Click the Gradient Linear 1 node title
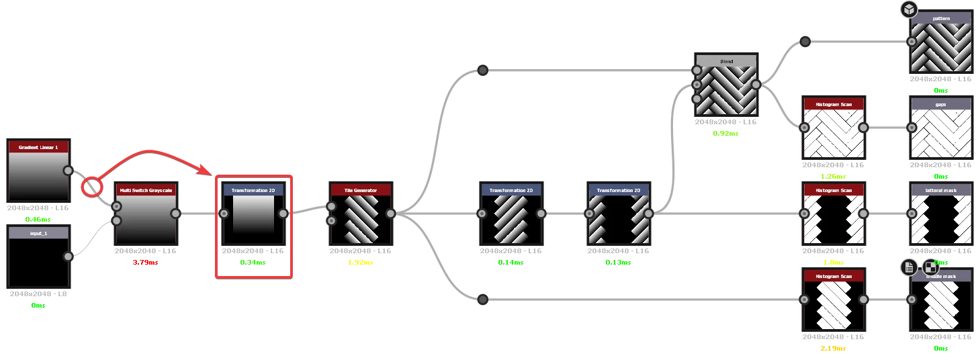coord(38,146)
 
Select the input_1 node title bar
coord(38,233)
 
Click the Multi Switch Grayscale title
coord(146,190)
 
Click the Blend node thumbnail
coord(727,90)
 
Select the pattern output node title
coord(941,18)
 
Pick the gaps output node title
coord(941,104)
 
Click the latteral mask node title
coord(941,190)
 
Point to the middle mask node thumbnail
coord(941,306)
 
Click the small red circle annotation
coord(92,186)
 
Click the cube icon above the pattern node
coord(909,9)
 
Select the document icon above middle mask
coord(909,267)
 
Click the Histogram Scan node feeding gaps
coord(833,131)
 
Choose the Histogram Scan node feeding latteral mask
coord(833,217)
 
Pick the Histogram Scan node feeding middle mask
coord(833,303)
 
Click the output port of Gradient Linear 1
coord(68,171)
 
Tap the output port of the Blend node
coord(756,85)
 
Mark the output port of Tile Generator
coord(390,214)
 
